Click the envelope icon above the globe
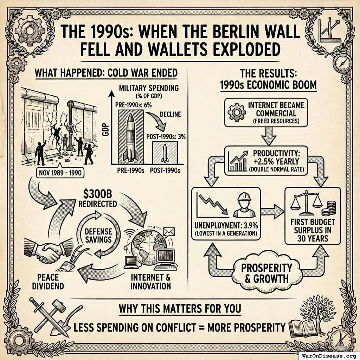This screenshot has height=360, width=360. tap(169, 231)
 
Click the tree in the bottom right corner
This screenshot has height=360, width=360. tap(314, 309)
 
